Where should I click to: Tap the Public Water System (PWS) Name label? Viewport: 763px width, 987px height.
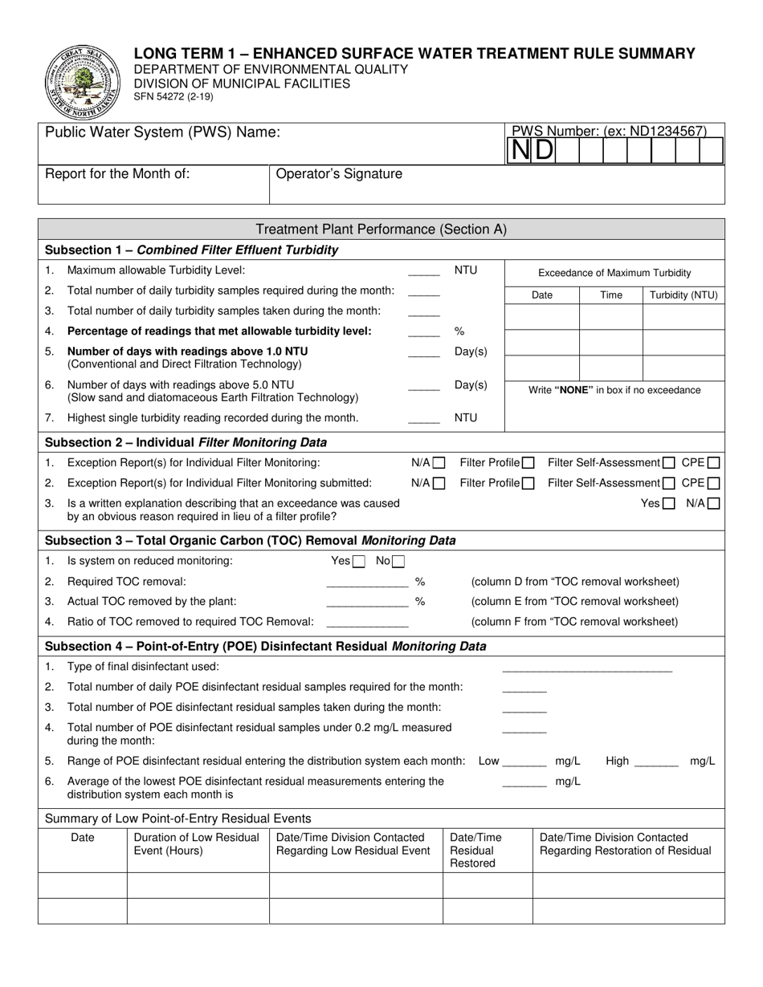click(x=163, y=132)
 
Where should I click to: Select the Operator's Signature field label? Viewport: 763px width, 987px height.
click(x=339, y=174)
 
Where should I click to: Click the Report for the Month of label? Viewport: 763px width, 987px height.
click(x=117, y=174)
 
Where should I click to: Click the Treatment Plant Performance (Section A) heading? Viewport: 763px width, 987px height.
click(x=381, y=229)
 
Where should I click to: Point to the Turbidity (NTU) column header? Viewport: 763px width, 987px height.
click(x=683, y=295)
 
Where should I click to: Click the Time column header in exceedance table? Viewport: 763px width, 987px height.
click(x=611, y=295)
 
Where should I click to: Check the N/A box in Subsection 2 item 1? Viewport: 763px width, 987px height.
click(x=439, y=463)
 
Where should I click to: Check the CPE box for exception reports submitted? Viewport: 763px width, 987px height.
click(x=713, y=483)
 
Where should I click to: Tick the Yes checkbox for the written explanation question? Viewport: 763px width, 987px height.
click(x=668, y=504)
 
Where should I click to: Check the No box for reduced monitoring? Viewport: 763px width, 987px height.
click(x=398, y=562)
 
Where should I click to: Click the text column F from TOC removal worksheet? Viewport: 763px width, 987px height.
click(x=574, y=622)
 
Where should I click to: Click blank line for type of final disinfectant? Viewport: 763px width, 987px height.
click(x=586, y=668)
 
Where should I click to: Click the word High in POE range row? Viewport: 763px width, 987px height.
click(x=617, y=761)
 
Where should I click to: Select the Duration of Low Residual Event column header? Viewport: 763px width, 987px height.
click(x=197, y=844)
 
